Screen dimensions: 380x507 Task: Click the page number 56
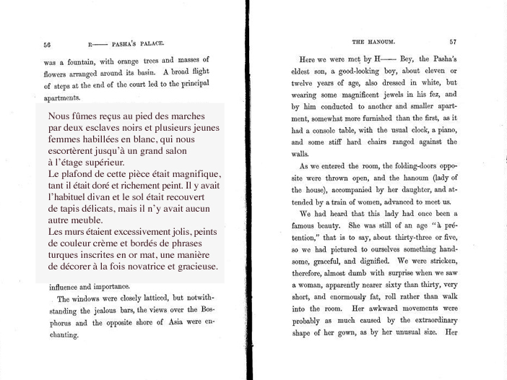pos(47,43)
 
